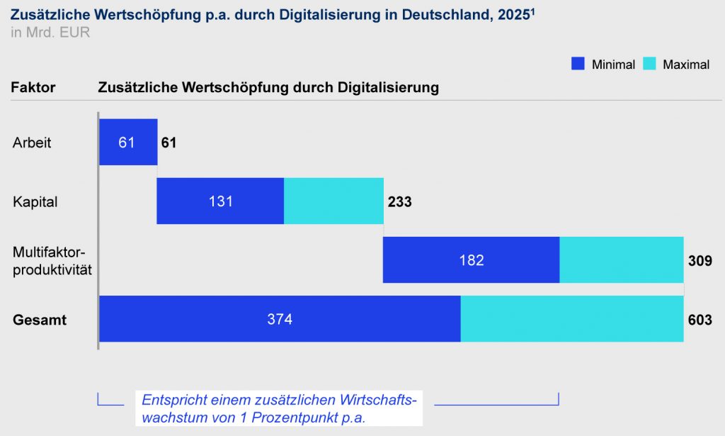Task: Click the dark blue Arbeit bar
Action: point(127,142)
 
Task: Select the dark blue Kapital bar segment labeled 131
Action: point(219,201)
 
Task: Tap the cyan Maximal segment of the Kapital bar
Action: point(333,201)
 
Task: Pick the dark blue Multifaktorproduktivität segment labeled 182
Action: point(471,259)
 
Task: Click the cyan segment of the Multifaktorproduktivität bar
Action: point(621,259)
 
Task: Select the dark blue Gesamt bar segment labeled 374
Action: point(280,319)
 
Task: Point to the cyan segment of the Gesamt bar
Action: point(571,319)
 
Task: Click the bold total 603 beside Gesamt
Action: point(700,320)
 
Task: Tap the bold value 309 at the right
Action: point(700,261)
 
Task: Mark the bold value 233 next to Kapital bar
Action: point(399,202)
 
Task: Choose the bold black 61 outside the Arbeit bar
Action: point(169,143)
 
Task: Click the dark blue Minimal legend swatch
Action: point(578,64)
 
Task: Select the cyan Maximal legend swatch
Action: point(649,64)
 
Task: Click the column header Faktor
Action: point(33,87)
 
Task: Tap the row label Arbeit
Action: point(32,142)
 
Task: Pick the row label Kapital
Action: point(35,202)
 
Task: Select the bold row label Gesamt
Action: point(40,320)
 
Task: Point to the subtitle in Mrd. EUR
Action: point(50,33)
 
